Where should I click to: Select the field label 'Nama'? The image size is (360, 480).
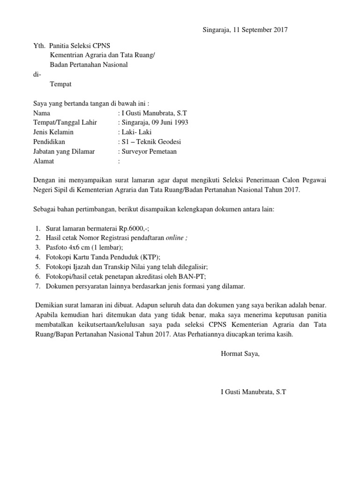coord(42,113)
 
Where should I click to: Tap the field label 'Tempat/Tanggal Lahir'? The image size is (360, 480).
coord(65,122)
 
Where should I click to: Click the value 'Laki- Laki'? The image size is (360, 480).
coord(136,132)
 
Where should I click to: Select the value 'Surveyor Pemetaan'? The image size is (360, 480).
coord(149,151)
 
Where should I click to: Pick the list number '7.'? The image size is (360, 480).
coord(37,285)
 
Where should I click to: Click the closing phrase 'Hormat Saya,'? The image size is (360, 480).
coord(240,353)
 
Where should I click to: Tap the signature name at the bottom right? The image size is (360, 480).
coord(253,391)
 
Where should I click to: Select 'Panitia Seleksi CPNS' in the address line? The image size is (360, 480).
coord(80,46)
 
